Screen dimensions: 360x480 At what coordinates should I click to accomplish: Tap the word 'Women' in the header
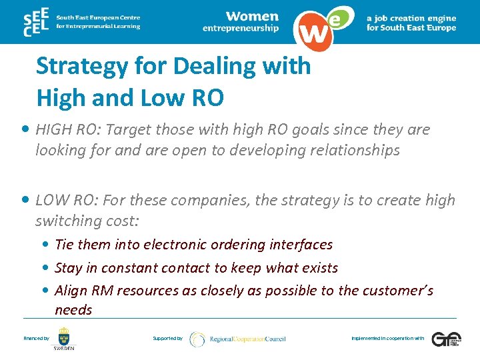point(251,16)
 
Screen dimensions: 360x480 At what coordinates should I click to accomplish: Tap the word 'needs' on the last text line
point(73,310)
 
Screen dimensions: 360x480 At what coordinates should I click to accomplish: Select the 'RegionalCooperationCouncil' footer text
point(247,339)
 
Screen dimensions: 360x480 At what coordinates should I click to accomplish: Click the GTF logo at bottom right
point(445,339)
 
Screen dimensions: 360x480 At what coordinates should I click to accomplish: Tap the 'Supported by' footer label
point(167,339)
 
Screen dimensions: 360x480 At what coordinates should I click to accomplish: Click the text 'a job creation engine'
point(411,18)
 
